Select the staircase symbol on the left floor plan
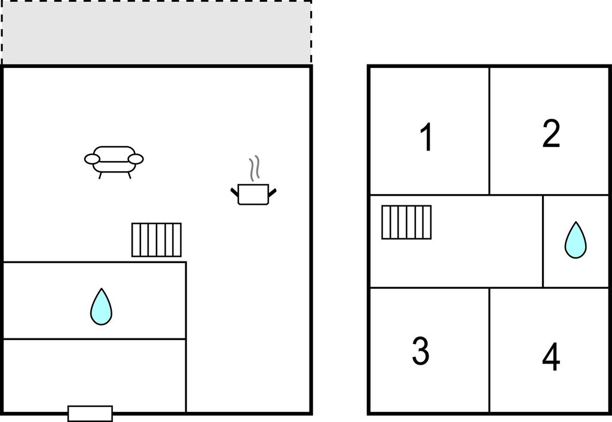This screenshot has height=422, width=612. point(157,239)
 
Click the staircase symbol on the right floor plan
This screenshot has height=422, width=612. point(406,222)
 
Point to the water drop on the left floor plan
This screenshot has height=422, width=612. point(101,307)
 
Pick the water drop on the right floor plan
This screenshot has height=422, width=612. point(576,240)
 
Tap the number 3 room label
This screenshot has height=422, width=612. point(421,351)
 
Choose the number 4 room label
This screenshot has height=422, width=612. point(551,356)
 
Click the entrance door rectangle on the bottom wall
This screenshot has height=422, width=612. point(90,413)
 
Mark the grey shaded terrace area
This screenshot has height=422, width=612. point(157,32)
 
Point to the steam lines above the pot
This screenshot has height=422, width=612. point(255,168)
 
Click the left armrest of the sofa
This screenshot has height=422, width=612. point(92,159)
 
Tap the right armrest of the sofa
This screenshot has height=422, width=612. point(136,159)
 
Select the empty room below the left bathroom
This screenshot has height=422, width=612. point(94,375)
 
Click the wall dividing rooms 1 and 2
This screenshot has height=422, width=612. point(489,131)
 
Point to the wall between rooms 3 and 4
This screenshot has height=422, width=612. point(489,350)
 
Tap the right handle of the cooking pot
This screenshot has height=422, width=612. point(273,192)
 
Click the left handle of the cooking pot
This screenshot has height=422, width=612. point(234,192)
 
